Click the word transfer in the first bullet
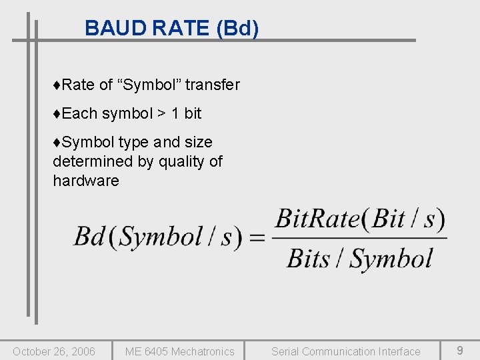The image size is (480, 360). tap(212, 85)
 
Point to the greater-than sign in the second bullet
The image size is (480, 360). tap(162, 114)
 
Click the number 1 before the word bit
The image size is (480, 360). tap(175, 113)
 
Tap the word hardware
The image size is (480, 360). tap(86, 181)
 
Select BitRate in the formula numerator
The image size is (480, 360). tap(317, 218)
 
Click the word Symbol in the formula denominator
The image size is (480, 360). tap(392, 259)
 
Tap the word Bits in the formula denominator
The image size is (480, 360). tap(309, 258)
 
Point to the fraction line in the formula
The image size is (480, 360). tap(360, 238)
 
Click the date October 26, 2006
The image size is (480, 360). tap(54, 351)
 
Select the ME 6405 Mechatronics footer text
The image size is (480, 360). tap(180, 351)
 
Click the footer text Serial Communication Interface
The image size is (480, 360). tap(345, 351)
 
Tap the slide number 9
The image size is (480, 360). tap(460, 350)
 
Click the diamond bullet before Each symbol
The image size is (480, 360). tap(57, 114)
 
